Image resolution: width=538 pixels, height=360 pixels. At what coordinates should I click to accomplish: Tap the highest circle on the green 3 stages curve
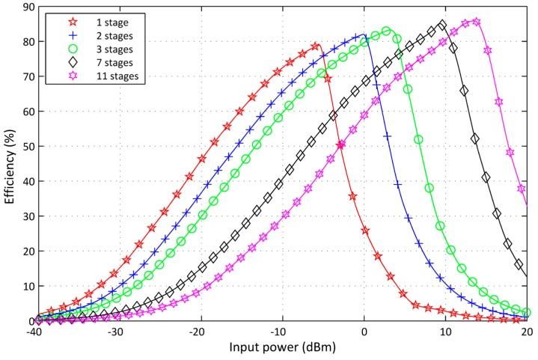386,31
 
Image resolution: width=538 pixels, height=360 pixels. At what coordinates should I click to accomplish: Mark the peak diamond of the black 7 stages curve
442,25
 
